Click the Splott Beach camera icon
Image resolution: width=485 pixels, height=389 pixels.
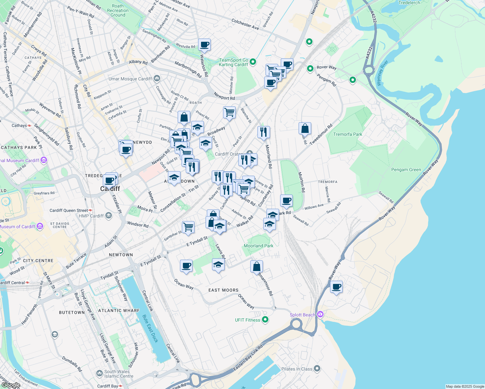tap(320, 314)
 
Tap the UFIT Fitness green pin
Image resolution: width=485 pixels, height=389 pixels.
tap(265, 320)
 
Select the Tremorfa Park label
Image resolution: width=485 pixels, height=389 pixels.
tap(348, 134)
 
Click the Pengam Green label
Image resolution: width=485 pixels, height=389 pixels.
tap(406, 170)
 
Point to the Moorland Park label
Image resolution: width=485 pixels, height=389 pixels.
tap(258, 246)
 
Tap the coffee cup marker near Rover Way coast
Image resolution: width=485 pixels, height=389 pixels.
tap(337, 287)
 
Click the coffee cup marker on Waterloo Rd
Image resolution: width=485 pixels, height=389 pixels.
tap(204, 44)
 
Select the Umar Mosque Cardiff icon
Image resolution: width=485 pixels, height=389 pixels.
tap(157, 78)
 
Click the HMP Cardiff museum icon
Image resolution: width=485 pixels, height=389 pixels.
tap(109, 216)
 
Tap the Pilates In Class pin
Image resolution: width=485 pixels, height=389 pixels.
tap(317, 369)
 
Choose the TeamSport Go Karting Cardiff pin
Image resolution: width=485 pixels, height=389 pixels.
tap(253, 62)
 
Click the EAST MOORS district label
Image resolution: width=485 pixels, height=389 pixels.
tap(223, 290)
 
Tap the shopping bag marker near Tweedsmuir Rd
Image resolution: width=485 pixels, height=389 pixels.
tap(305, 129)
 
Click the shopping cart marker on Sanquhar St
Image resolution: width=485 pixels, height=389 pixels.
tap(188, 227)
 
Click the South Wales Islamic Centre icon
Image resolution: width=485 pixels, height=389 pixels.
tap(100, 374)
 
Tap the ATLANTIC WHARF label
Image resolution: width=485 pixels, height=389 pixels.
tap(119, 311)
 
